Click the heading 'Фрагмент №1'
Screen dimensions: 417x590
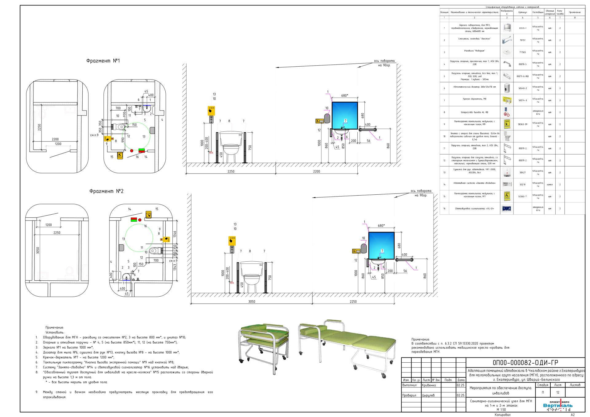click(x=103, y=61)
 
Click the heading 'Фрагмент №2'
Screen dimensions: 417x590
click(x=106, y=191)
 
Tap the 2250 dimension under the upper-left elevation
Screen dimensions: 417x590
click(x=231, y=171)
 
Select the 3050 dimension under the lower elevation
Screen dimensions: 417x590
click(x=251, y=302)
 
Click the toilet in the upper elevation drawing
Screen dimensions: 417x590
click(x=231, y=146)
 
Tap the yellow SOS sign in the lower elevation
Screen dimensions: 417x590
click(x=232, y=240)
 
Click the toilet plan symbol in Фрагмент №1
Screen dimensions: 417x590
click(x=118, y=127)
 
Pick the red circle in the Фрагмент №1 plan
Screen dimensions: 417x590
click(x=132, y=151)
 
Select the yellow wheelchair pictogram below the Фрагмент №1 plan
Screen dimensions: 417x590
click(x=120, y=155)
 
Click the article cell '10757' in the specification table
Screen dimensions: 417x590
click(x=522, y=40)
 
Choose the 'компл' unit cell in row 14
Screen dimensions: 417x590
click(x=550, y=185)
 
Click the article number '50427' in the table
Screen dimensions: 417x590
click(x=522, y=173)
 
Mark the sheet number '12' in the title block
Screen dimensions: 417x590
click(x=558, y=392)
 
